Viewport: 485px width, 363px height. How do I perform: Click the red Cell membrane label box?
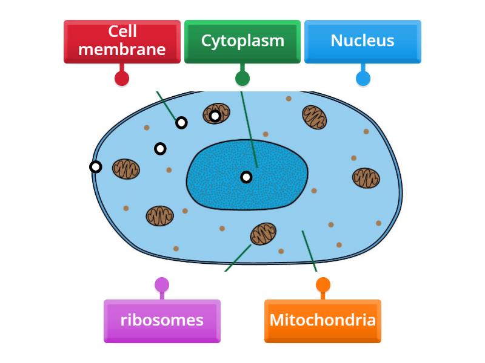[122, 41]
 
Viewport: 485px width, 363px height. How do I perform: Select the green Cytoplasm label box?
[242, 41]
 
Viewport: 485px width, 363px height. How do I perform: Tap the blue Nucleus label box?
[362, 41]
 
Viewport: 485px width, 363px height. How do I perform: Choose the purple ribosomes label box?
[162, 321]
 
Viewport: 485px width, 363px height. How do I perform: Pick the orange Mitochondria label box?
[323, 321]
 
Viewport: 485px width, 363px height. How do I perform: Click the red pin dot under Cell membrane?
[122, 78]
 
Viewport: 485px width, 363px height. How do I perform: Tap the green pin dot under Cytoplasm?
[242, 78]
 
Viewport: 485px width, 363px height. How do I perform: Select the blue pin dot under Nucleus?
[363, 78]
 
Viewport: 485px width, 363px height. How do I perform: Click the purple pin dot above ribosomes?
[162, 284]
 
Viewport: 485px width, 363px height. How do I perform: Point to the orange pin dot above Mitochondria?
[323, 284]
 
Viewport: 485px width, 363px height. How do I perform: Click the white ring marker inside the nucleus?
[246, 177]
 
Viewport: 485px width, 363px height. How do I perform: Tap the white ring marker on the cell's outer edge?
[95, 167]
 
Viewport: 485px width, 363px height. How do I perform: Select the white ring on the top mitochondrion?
[215, 116]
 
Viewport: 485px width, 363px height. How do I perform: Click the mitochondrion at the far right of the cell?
[366, 178]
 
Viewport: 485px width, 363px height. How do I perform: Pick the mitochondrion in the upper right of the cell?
[314, 117]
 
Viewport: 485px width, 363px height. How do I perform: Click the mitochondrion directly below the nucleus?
[263, 234]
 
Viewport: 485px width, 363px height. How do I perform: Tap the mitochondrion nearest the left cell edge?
[126, 169]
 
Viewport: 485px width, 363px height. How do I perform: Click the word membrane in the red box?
[122, 50]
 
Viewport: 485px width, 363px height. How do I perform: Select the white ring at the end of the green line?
[181, 123]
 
